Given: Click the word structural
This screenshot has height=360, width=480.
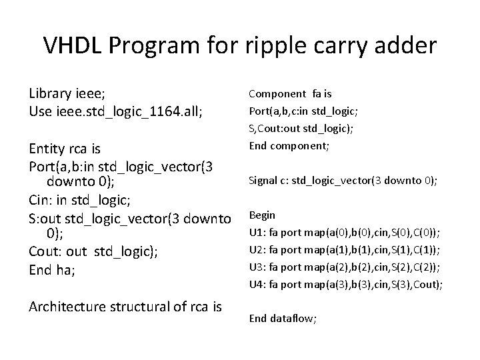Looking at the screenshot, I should [147, 307].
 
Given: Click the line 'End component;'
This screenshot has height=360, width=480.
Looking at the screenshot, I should [290, 145].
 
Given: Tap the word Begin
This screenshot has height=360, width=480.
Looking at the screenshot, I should [262, 215].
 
